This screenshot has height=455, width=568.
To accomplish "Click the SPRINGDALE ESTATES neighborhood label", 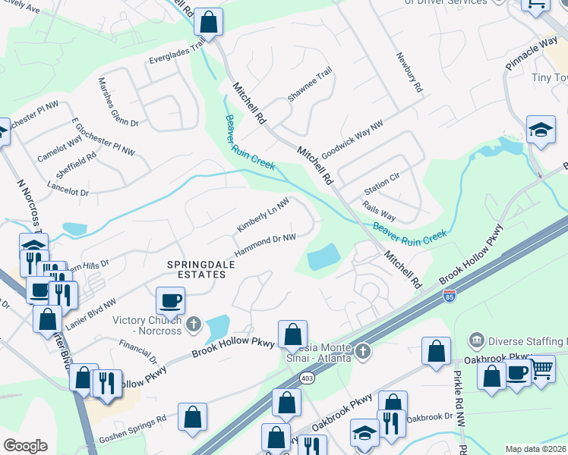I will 197,268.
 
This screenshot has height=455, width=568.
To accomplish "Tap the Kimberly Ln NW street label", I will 263,216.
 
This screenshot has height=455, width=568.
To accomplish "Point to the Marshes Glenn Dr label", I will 118,102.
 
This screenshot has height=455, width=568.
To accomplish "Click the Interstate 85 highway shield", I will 450,294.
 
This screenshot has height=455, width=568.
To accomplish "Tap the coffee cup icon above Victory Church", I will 170,300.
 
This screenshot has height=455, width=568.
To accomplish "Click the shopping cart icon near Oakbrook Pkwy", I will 541,371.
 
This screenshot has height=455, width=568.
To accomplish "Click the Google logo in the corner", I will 25,446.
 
